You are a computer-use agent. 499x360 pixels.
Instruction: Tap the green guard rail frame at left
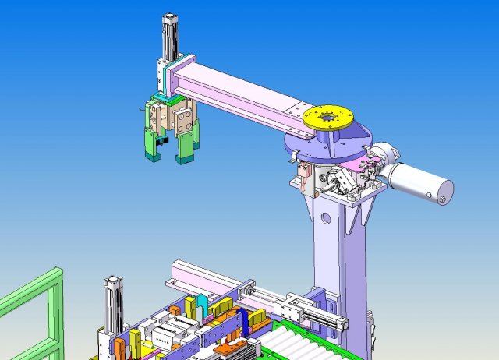pyautogui.click(x=31, y=312)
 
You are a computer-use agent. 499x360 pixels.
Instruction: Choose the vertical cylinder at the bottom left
pyautogui.click(x=114, y=304)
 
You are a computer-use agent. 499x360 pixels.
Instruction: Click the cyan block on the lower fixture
pyautogui.click(x=203, y=305)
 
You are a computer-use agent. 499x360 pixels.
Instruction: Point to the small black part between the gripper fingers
pyautogui.click(x=162, y=143)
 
